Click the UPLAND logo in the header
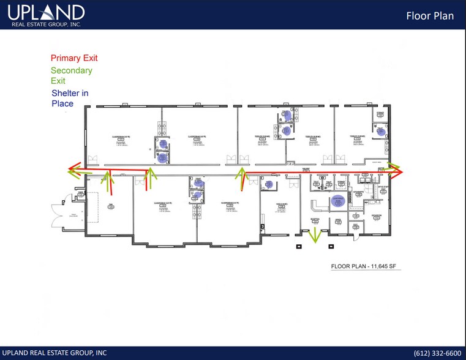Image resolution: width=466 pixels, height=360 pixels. (47, 12)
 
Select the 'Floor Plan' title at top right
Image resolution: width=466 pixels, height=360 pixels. (430, 15)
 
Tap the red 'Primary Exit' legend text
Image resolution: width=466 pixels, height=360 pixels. (74, 58)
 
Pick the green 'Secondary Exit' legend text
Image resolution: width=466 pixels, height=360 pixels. (72, 75)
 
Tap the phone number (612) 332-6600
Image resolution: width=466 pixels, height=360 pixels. (437, 353)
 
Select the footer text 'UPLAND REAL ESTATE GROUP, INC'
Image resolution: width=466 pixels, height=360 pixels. (54, 353)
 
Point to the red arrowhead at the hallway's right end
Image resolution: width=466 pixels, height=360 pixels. (399, 173)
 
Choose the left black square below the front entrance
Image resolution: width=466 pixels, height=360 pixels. (299, 247)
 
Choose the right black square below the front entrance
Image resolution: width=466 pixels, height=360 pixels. (331, 247)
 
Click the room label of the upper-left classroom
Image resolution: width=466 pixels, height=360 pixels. (120, 137)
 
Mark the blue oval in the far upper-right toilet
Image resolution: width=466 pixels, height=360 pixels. (380, 132)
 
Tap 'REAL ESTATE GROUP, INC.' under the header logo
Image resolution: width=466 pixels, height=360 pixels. (45, 24)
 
